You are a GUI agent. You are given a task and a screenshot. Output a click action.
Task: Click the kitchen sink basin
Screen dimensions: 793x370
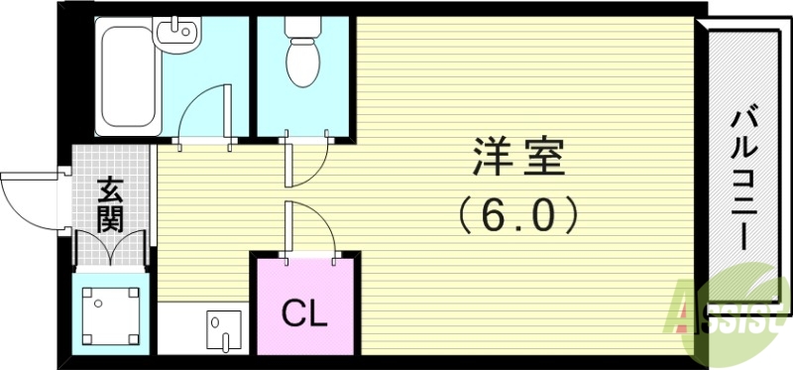[x=222, y=324]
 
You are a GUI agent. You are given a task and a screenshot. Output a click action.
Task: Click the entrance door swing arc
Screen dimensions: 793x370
[x=30, y=198]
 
